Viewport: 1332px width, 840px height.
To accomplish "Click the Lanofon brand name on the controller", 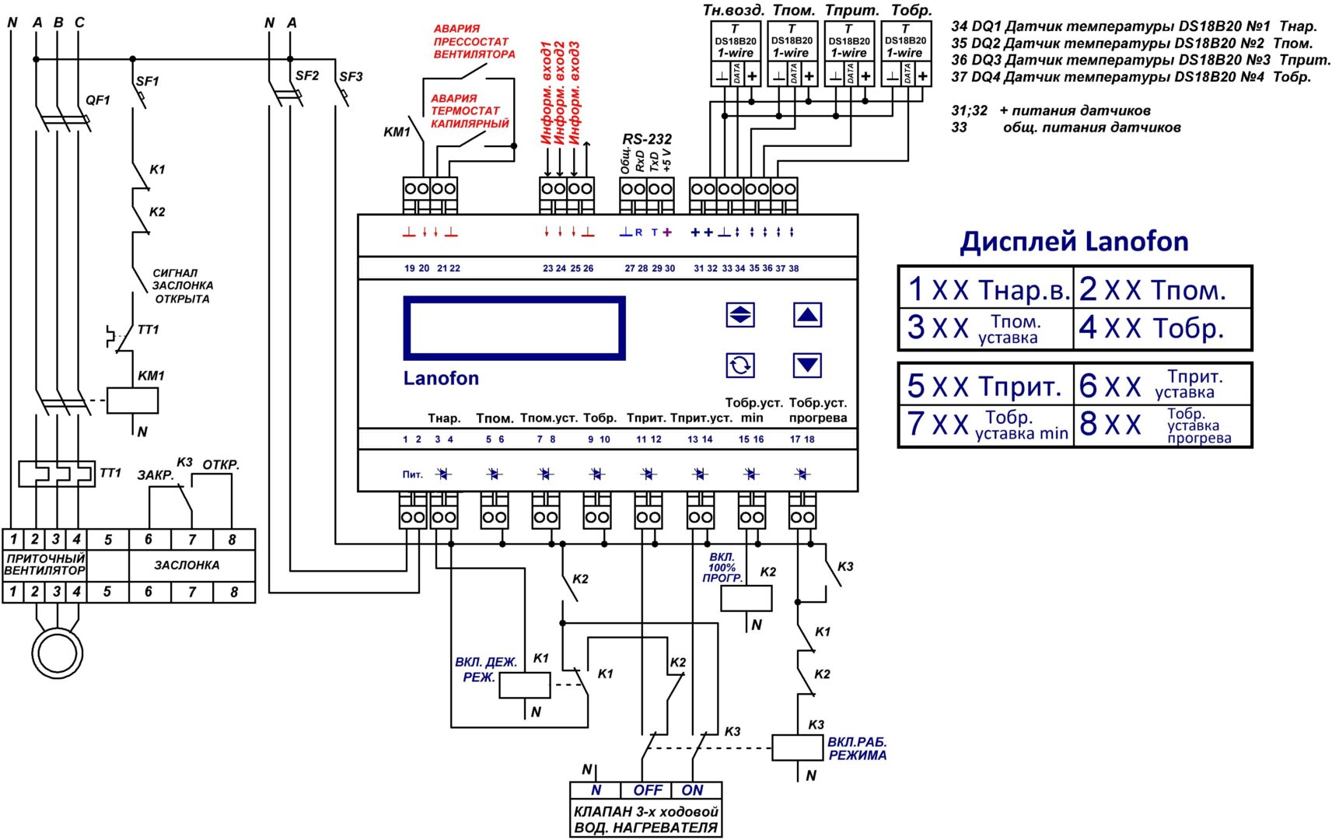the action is point(441,378).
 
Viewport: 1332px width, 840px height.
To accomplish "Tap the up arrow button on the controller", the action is point(807,315).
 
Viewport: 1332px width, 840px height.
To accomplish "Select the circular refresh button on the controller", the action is point(739,366).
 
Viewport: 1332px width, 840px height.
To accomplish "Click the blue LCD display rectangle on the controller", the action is point(514,328).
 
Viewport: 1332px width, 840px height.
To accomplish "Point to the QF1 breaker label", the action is point(97,100).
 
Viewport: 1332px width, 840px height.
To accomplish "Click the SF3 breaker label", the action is point(351,77).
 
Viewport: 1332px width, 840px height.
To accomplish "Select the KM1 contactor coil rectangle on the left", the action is point(133,401).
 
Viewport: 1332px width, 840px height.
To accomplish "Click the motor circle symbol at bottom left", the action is point(57,653).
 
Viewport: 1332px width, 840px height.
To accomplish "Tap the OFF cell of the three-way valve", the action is point(646,790).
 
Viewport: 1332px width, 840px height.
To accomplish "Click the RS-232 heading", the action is point(646,138).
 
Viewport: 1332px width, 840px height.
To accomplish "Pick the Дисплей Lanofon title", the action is point(1074,242).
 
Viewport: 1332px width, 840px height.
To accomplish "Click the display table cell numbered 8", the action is point(1162,425).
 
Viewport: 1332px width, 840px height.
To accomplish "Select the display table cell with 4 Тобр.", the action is point(1162,328).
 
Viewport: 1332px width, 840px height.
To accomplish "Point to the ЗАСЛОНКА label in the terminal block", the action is point(187,565).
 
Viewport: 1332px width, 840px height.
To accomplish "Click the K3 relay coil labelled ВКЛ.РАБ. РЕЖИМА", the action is point(798,747).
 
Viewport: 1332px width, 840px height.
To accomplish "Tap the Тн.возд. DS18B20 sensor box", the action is point(736,54).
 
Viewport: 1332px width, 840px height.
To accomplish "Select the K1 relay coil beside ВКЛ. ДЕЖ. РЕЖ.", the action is point(524,684).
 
